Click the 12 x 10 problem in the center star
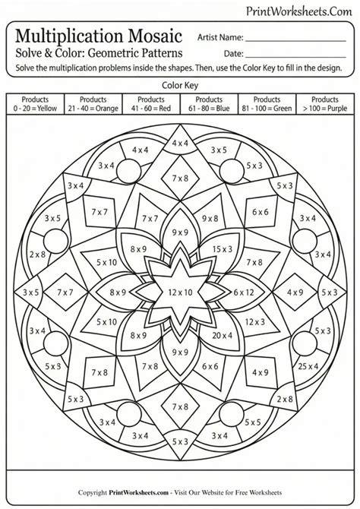(180, 292)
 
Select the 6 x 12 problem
(244, 292)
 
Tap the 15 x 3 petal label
(223, 249)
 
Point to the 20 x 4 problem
(223, 335)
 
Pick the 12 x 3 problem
(255, 322)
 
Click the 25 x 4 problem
(308, 366)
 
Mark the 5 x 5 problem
(253, 422)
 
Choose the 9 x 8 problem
(210, 219)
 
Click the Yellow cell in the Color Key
(35, 104)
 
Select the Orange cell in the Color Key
(93, 104)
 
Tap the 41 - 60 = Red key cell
(151, 104)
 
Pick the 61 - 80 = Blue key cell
(209, 104)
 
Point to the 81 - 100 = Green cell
(267, 104)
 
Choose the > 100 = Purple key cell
(325, 104)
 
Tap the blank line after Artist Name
(295, 41)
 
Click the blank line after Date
(295, 57)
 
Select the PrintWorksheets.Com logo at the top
(298, 11)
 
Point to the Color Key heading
(180, 85)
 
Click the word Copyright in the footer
(93, 492)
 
